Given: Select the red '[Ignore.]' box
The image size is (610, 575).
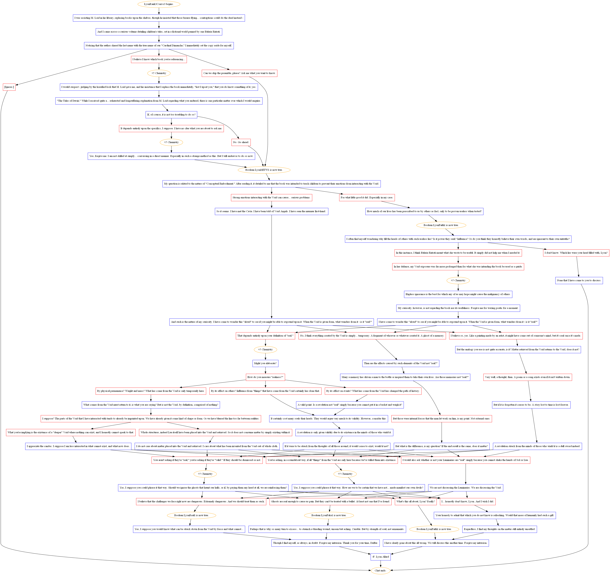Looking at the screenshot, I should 9,87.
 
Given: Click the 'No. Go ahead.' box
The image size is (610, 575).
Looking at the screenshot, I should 241,142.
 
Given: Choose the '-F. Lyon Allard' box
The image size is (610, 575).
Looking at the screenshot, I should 381,557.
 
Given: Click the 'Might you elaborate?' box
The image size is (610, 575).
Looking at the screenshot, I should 265,363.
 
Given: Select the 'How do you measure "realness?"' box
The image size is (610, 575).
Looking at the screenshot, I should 265,377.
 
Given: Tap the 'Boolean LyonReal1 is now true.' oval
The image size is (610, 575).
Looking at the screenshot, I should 191,515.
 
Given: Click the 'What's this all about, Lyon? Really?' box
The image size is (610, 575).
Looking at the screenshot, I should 415,501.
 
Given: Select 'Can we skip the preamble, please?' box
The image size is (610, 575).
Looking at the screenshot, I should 239,73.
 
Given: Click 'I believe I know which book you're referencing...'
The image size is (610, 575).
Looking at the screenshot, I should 159,60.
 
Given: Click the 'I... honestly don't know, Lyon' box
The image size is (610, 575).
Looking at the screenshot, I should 467,501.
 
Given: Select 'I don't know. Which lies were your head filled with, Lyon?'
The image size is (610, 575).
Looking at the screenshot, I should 576,253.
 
